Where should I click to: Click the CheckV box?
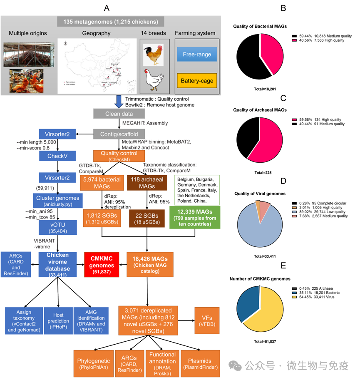[x=57, y=156]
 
